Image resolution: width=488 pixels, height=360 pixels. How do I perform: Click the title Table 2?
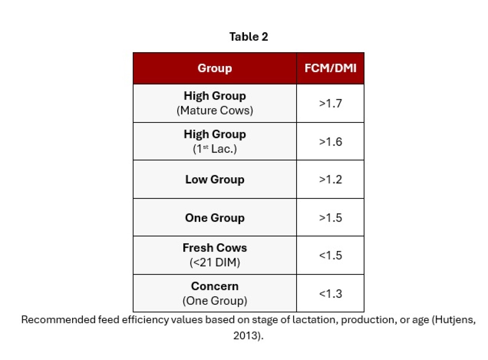point(248,37)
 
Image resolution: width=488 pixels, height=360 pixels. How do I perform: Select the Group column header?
point(215,68)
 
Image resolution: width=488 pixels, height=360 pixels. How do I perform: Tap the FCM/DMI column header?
point(330,68)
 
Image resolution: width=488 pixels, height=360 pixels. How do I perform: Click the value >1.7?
point(330,103)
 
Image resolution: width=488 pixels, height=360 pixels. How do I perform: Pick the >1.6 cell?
point(330,142)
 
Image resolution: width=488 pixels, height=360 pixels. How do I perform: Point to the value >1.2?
point(330,179)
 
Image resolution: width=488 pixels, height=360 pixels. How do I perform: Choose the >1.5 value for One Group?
point(330,218)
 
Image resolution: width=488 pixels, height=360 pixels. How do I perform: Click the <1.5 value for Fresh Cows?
point(330,255)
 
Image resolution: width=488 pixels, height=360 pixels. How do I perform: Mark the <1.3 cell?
point(330,294)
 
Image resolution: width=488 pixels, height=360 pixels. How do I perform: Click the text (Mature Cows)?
point(215,111)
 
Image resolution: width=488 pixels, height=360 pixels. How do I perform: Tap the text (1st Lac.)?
point(215,149)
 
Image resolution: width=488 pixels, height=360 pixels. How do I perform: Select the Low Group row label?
point(215,179)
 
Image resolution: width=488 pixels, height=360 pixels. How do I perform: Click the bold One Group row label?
point(215,218)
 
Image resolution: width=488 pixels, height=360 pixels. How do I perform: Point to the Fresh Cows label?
point(215,248)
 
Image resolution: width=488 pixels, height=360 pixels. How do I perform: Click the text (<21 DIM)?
point(215,262)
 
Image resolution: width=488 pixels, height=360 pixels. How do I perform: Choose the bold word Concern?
point(215,286)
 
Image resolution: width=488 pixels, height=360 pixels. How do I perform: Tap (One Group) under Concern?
point(215,301)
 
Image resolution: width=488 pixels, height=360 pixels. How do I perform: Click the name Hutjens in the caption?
point(454,320)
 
